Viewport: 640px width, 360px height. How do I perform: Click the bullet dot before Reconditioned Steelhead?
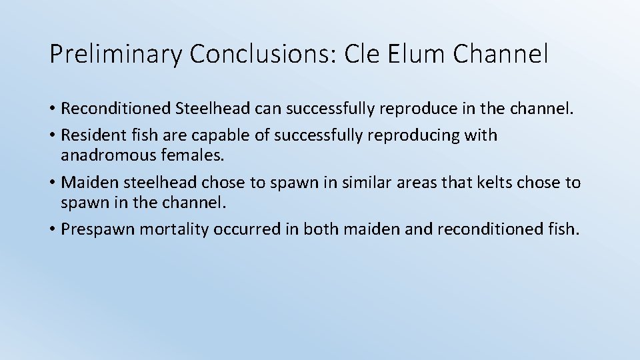53,108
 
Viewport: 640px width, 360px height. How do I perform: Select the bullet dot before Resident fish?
53,136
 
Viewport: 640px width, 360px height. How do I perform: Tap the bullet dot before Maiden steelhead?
53,183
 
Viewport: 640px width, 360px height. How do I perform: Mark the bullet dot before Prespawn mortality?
53,229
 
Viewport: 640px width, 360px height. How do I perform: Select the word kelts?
483,182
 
